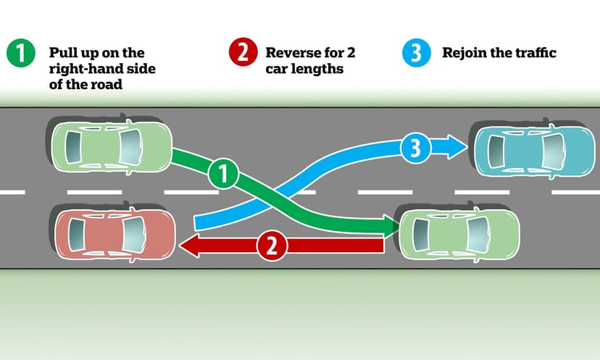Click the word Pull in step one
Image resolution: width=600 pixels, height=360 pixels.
(63, 54)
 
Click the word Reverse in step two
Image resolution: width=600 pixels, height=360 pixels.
(291, 54)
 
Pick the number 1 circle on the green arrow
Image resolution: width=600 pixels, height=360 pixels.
(222, 174)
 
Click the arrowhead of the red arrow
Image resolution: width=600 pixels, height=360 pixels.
(188, 246)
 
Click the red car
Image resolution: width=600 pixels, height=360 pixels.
(114, 234)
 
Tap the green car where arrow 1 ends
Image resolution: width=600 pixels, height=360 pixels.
(457, 233)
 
